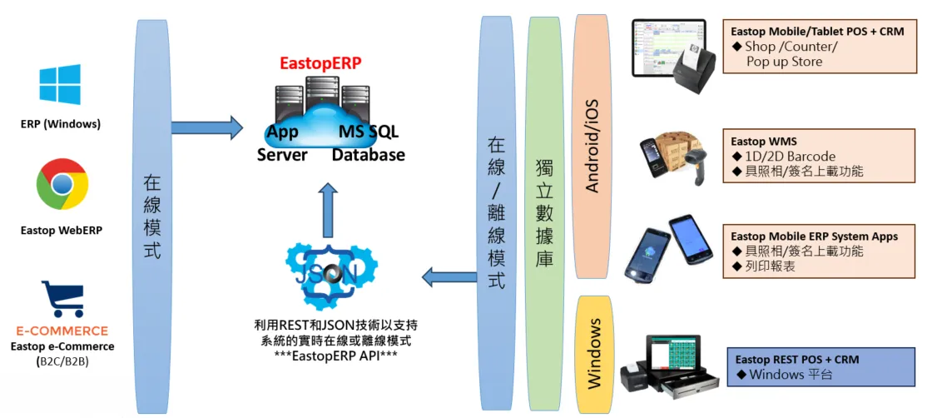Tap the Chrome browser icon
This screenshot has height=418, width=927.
click(62, 184)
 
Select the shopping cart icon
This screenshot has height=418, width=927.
click(62, 298)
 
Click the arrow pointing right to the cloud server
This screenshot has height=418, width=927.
click(206, 127)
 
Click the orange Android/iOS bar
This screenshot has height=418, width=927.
click(592, 146)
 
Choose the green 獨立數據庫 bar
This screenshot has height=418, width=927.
click(544, 213)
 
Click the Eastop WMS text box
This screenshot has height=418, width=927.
click(820, 157)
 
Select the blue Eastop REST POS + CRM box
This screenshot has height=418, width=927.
click(820, 367)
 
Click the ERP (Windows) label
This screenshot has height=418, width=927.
click(61, 124)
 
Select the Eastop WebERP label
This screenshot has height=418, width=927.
click(62, 230)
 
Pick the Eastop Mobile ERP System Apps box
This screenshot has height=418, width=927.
click(820, 251)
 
